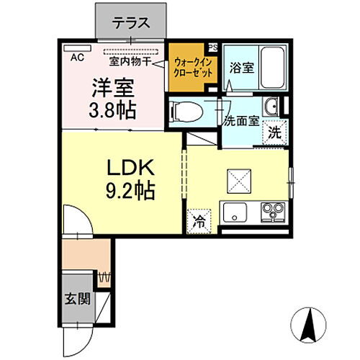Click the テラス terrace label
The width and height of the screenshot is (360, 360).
pyautogui.click(x=131, y=22)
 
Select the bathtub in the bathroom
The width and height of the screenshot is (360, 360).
pyautogui.click(x=271, y=67)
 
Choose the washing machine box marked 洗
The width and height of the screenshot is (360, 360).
pyautogui.click(x=274, y=132)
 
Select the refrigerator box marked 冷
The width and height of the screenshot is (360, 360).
pyautogui.click(x=199, y=221)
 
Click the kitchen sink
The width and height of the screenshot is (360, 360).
pyautogui.click(x=235, y=214)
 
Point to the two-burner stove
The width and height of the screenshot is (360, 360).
pyautogui.click(x=271, y=213)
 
